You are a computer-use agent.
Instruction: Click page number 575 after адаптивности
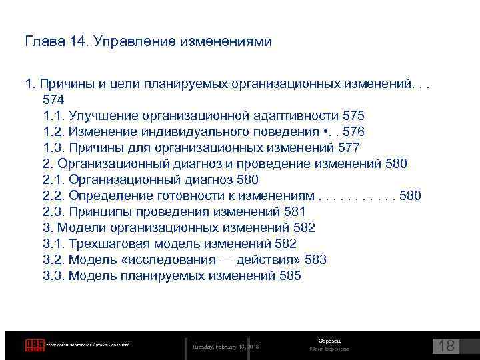[353, 115]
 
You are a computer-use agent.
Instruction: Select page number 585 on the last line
[290, 275]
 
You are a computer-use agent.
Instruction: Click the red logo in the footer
[34, 345]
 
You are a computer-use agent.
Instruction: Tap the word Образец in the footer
[329, 341]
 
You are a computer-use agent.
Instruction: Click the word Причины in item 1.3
[93, 147]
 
